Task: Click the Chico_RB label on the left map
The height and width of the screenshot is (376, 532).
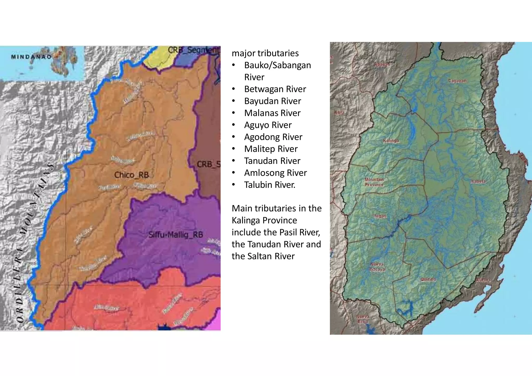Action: [131, 175]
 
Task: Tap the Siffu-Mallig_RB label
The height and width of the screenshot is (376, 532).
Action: [176, 235]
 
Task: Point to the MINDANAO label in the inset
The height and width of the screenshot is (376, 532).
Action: [31, 57]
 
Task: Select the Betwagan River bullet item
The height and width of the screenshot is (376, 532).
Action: [275, 89]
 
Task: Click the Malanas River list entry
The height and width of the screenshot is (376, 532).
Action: [272, 113]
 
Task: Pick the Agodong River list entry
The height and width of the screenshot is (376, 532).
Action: [273, 137]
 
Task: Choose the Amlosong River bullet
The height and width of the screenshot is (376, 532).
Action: [275, 173]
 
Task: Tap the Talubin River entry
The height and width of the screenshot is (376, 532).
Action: [270, 185]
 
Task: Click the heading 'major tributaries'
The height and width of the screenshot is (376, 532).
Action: [265, 53]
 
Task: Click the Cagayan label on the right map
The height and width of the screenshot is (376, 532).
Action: [457, 81]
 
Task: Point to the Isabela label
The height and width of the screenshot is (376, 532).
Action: [478, 182]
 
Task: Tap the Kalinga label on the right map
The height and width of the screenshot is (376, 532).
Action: [391, 141]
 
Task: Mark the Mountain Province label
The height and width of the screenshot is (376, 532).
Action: [374, 182]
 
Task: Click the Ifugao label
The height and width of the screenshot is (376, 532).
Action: [380, 216]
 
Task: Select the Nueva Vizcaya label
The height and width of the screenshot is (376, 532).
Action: [377, 267]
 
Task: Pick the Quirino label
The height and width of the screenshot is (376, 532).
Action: [428, 279]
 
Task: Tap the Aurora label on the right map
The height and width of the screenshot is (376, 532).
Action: [483, 280]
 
